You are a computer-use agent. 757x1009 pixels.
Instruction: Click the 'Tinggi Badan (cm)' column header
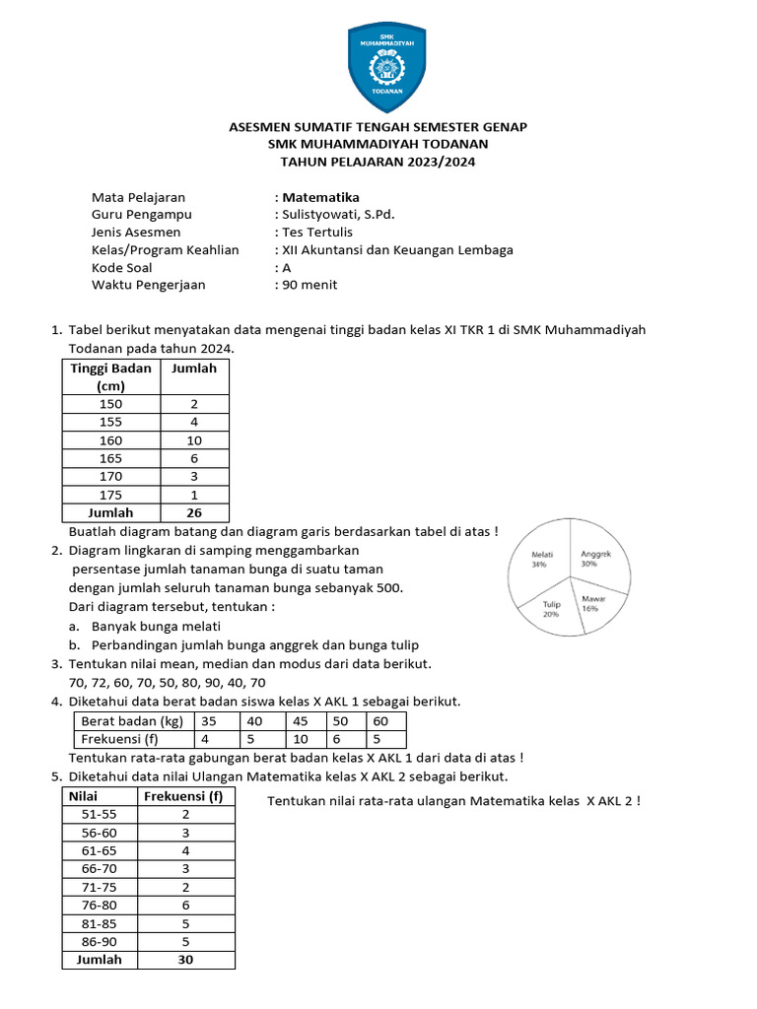(x=111, y=376)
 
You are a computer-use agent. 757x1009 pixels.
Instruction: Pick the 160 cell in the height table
(x=111, y=440)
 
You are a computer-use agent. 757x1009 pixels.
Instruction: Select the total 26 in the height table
(x=194, y=512)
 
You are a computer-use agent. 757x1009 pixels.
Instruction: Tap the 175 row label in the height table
(x=111, y=495)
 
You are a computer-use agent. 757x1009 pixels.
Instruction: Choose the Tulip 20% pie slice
(x=552, y=611)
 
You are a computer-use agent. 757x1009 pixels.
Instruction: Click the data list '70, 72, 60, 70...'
(x=167, y=682)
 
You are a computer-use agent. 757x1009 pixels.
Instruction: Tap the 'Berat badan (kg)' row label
(x=131, y=720)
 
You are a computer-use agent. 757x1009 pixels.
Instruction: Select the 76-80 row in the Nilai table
(x=100, y=904)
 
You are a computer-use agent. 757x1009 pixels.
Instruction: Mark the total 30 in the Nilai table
(x=185, y=959)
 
